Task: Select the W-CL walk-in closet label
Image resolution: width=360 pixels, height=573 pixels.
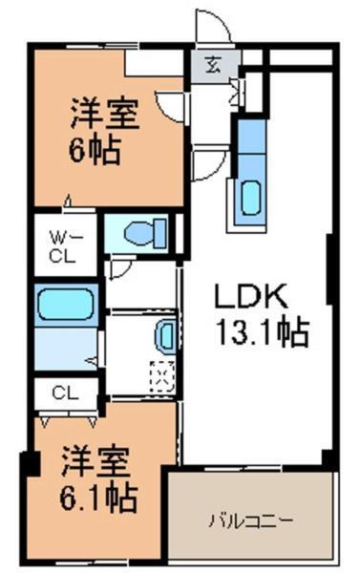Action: (64, 245)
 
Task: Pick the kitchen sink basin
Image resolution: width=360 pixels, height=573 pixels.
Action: (250, 198)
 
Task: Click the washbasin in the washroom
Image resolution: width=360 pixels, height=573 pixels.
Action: (165, 335)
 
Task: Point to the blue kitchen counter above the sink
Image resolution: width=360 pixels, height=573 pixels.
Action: (249, 142)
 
